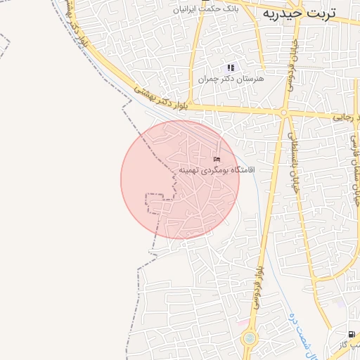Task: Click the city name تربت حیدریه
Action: pyautogui.click(x=299, y=13)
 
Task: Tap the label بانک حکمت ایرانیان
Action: pyautogui.click(x=210, y=10)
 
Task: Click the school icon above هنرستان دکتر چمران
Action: pyautogui.click(x=231, y=67)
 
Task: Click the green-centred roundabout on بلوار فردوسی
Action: pyautogui.click(x=250, y=339)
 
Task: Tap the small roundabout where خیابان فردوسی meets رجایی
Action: pyautogui.click(x=284, y=112)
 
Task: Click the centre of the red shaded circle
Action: pyautogui.click(x=180, y=179)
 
